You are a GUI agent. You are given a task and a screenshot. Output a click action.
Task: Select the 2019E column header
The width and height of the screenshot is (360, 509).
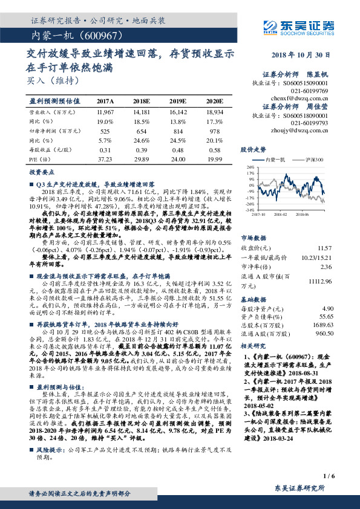177,102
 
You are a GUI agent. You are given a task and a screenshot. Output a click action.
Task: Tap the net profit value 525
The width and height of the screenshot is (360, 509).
105,131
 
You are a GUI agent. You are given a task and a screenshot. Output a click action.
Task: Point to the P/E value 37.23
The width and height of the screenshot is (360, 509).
105,158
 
